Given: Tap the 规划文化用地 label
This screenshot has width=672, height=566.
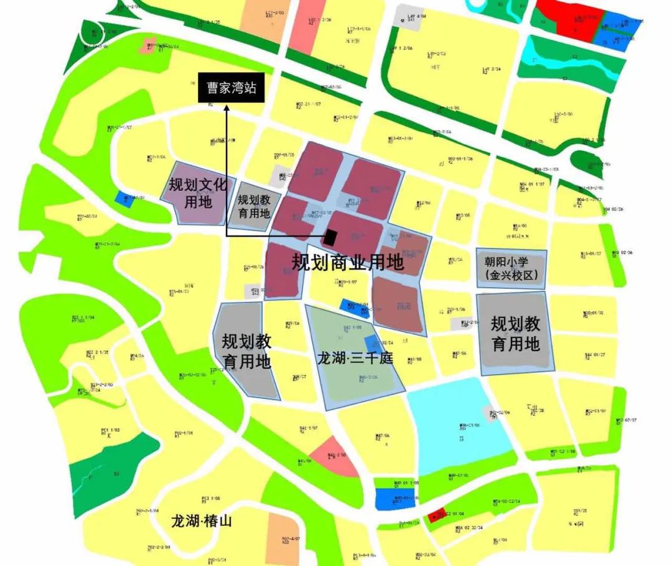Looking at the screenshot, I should pyautogui.click(x=198, y=193).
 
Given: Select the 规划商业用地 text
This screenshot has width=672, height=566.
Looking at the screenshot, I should pyautogui.click(x=348, y=263).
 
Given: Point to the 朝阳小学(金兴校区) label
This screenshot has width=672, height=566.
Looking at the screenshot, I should pyautogui.click(x=511, y=268).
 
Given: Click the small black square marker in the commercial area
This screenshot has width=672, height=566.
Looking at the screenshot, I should pyautogui.click(x=330, y=237).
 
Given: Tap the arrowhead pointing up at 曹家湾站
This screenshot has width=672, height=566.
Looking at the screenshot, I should pyautogui.click(x=227, y=107).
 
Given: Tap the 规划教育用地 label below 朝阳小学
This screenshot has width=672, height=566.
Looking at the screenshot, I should pyautogui.click(x=515, y=333).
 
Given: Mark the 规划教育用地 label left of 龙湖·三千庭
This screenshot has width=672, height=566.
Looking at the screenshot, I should pyautogui.click(x=246, y=350).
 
